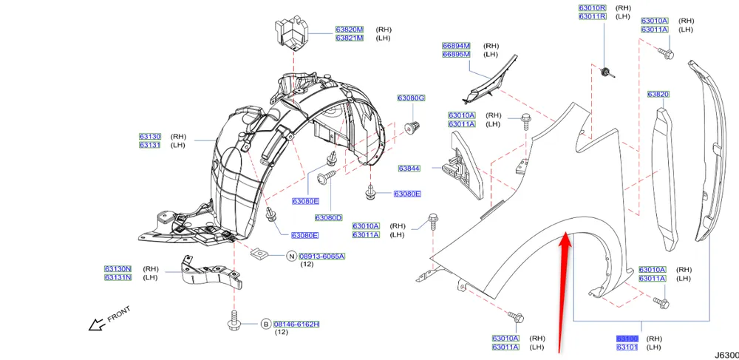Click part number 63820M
pos(350,30)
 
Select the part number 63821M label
pos(350,38)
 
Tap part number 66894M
pos(456,46)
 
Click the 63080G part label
pos(411,98)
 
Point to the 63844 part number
pos(409,169)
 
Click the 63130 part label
pos(149,137)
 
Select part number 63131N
pos(118,277)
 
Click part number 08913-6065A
pos(321,256)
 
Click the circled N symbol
pos(291,256)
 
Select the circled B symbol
pos(265,324)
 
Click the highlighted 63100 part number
pos(627,339)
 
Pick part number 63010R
pos(592,7)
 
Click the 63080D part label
pos(329,217)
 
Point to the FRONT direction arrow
pos(97,323)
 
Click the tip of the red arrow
pos(566,234)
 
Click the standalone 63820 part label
pos(658,94)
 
